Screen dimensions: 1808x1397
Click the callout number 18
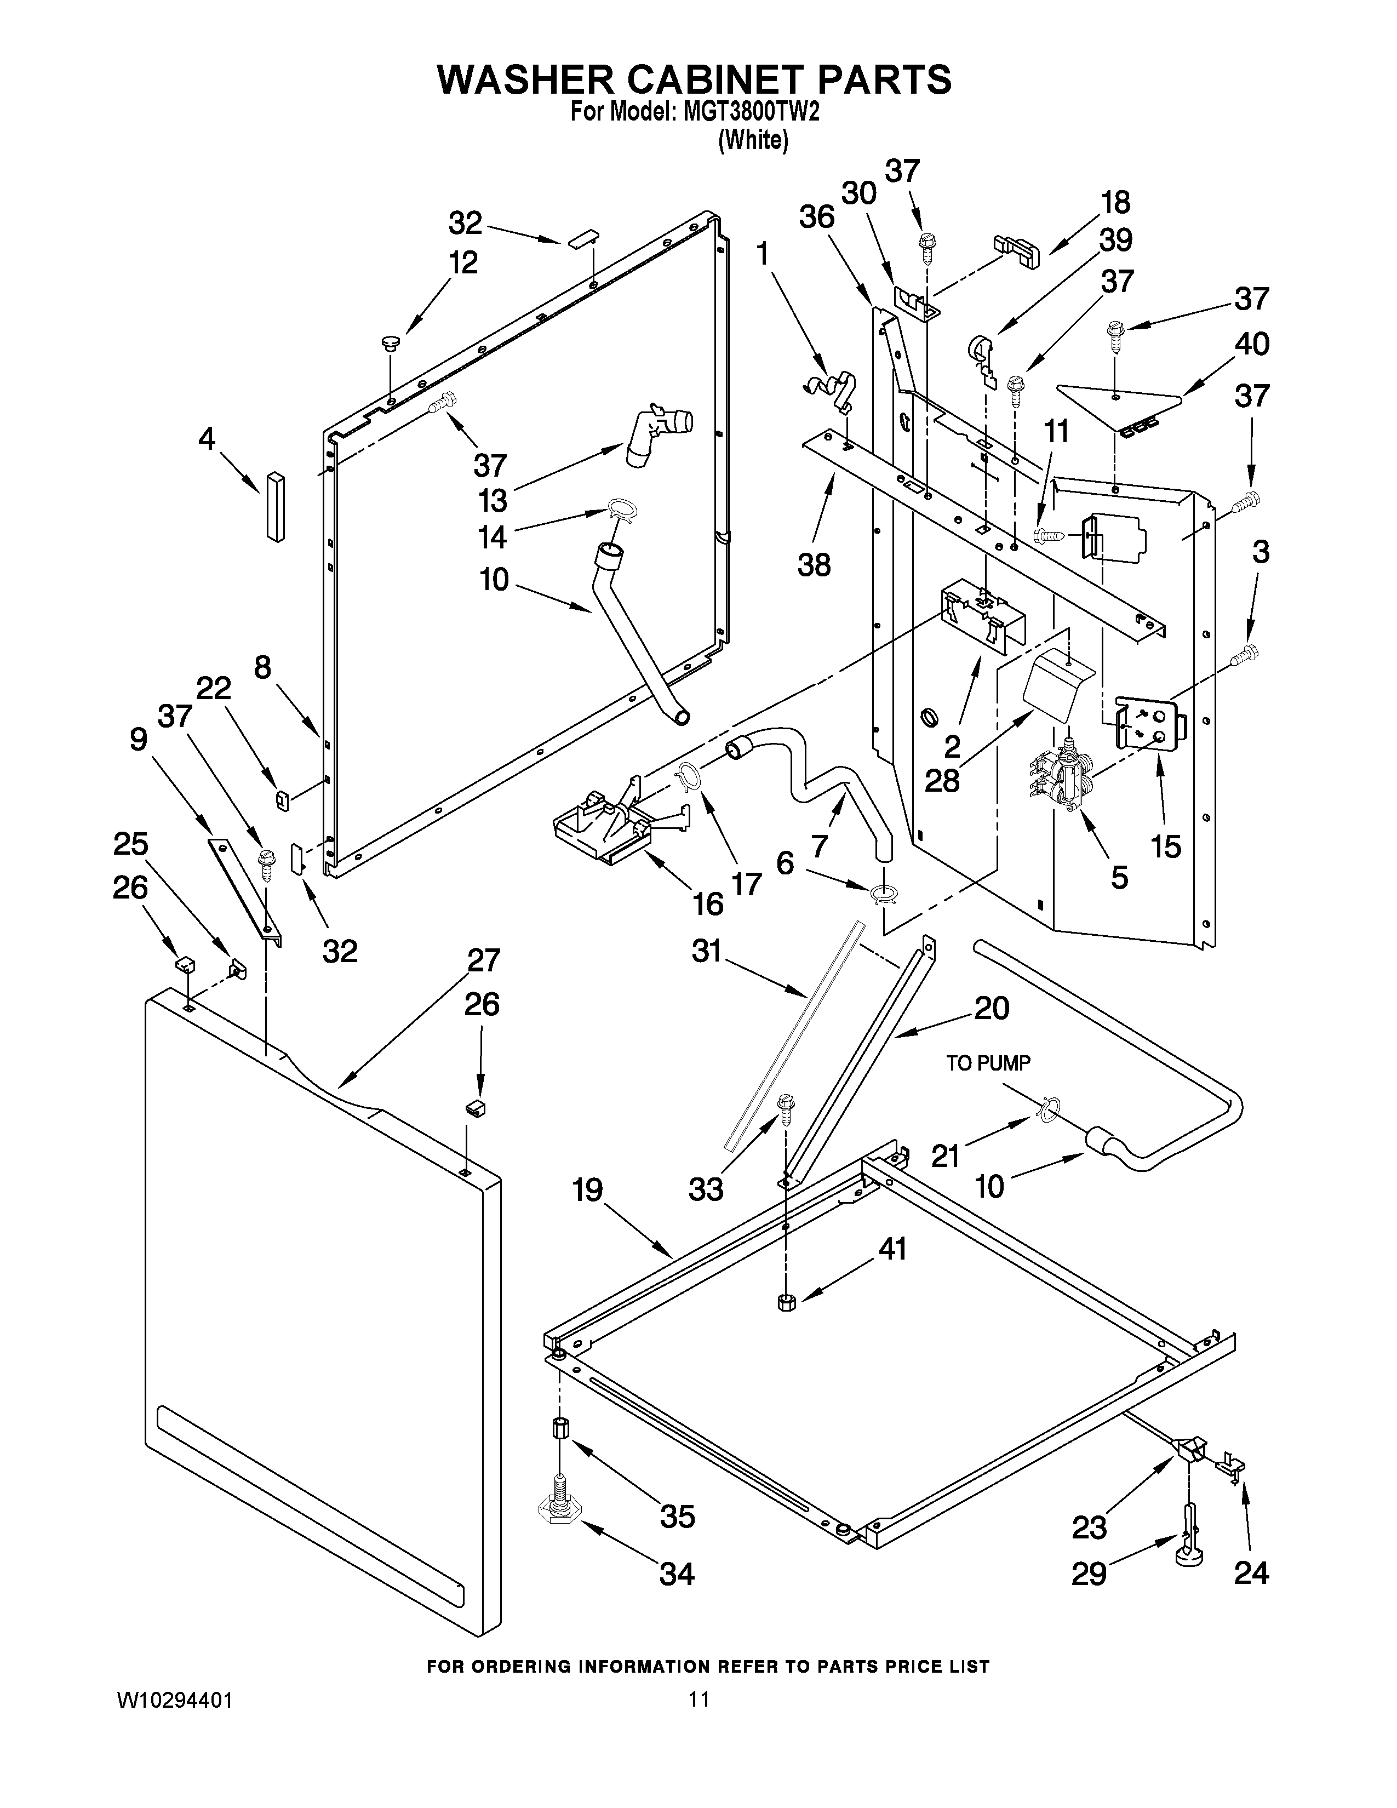[x=1115, y=202]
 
